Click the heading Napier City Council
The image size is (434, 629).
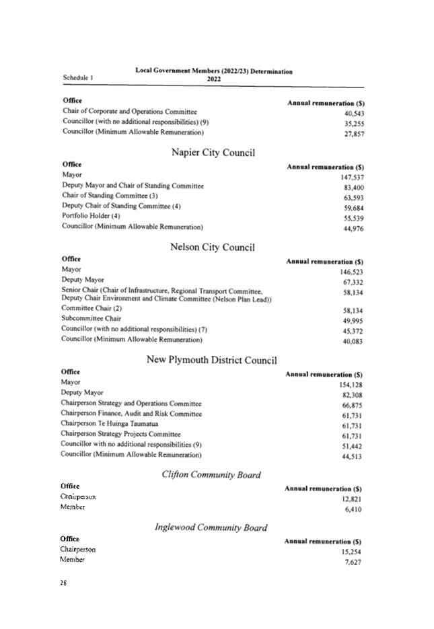point(213,153)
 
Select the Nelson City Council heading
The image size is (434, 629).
point(212,247)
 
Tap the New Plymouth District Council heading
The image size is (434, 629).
point(211,360)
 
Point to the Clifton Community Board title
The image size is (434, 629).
point(211,475)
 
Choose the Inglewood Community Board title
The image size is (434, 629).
point(211,527)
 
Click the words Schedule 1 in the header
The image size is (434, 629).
point(78,77)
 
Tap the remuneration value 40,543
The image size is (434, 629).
point(353,114)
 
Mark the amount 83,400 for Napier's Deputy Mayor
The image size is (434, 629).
point(353,187)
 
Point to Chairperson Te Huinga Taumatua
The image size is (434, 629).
point(110,424)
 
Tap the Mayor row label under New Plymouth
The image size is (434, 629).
point(71,382)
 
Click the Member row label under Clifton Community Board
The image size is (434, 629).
point(73,507)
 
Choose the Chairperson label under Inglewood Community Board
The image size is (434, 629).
point(77,550)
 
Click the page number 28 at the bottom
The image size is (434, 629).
point(64,583)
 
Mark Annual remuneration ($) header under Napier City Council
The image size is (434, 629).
point(325,166)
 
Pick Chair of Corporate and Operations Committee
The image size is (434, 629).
point(130,111)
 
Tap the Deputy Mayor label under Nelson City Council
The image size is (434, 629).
point(82,279)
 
